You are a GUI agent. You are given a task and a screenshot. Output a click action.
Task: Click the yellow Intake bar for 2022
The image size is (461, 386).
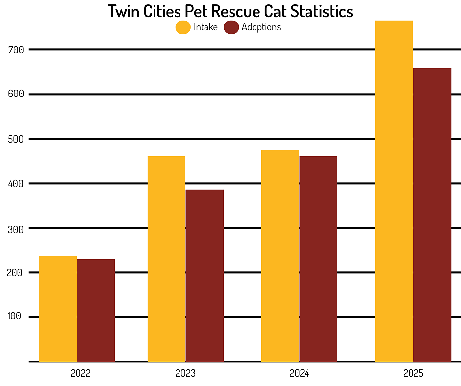(x=58, y=309)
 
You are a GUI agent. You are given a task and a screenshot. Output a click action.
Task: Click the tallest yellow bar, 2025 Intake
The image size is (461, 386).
(x=394, y=191)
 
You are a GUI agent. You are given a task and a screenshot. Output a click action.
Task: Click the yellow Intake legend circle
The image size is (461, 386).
(x=183, y=27)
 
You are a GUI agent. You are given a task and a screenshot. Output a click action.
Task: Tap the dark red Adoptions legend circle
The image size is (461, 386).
(x=231, y=27)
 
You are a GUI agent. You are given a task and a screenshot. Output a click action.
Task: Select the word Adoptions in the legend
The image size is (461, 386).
(x=261, y=27)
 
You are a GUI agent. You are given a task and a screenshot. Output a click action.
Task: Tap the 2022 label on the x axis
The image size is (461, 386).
(x=80, y=374)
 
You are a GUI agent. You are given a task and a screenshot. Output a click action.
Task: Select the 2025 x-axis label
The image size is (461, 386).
(x=413, y=374)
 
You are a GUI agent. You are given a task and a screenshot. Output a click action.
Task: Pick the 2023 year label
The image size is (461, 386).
(x=185, y=374)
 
